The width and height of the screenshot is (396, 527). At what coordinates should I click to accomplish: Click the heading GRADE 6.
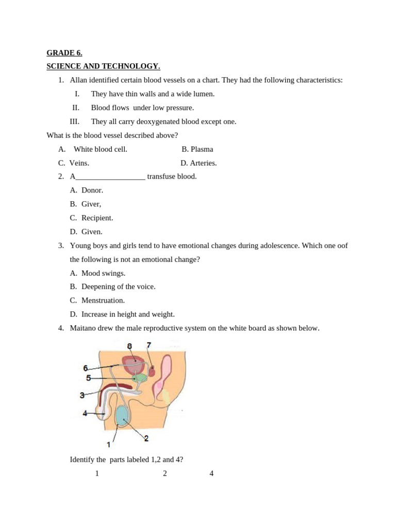[x=64, y=53]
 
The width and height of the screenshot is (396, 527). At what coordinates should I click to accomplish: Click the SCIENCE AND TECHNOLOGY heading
[x=103, y=66]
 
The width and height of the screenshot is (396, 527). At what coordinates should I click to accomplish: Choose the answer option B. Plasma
[x=197, y=149]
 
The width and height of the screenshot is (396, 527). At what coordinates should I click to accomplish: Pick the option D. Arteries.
[x=199, y=163]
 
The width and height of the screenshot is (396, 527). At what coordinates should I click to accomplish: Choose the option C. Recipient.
[x=91, y=218]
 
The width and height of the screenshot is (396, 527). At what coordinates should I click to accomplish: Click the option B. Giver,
[x=86, y=204]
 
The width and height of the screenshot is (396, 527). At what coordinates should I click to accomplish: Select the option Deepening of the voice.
[x=118, y=287]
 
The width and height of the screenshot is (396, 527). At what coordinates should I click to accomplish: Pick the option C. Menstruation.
[x=97, y=301]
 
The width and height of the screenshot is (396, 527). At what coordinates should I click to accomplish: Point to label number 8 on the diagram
[x=129, y=346]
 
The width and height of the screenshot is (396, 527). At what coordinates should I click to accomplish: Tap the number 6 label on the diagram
[x=86, y=368]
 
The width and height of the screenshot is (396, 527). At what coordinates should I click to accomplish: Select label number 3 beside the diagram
[x=82, y=395]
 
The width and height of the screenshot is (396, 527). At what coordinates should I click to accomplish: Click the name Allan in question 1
[x=78, y=80]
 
